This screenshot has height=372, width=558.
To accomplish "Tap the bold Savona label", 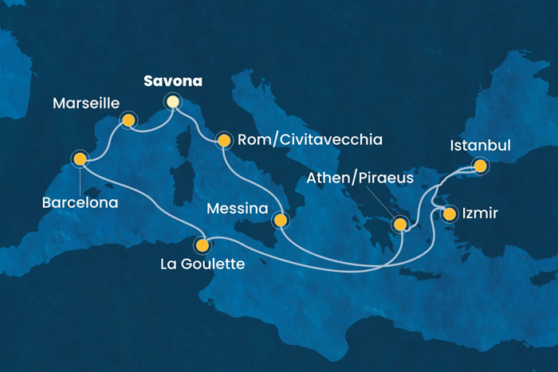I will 173,81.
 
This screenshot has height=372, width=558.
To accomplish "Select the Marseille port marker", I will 127,120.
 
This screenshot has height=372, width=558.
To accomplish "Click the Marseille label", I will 87,104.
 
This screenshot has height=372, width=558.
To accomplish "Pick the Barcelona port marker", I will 80,159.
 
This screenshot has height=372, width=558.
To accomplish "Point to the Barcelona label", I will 80,203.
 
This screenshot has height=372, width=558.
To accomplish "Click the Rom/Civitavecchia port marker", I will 224,141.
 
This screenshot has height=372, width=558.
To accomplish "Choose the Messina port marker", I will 280,220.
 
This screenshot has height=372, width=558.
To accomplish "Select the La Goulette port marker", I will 203,246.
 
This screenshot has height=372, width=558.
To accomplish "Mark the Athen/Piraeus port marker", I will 399,226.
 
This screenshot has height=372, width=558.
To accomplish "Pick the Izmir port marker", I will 450,213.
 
